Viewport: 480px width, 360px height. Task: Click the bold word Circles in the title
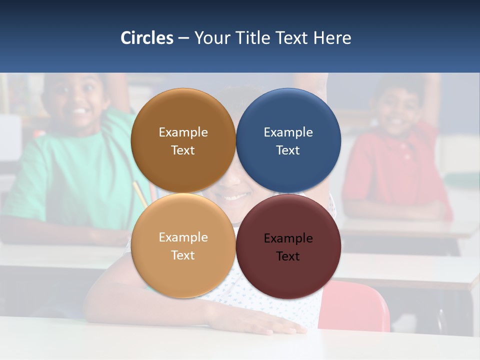click(x=146, y=38)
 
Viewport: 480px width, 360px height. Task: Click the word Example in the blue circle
click(x=288, y=132)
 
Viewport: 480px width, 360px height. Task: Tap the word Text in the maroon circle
click(x=288, y=256)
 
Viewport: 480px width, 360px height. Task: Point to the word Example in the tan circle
click(x=183, y=237)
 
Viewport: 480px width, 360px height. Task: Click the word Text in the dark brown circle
click(x=183, y=150)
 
